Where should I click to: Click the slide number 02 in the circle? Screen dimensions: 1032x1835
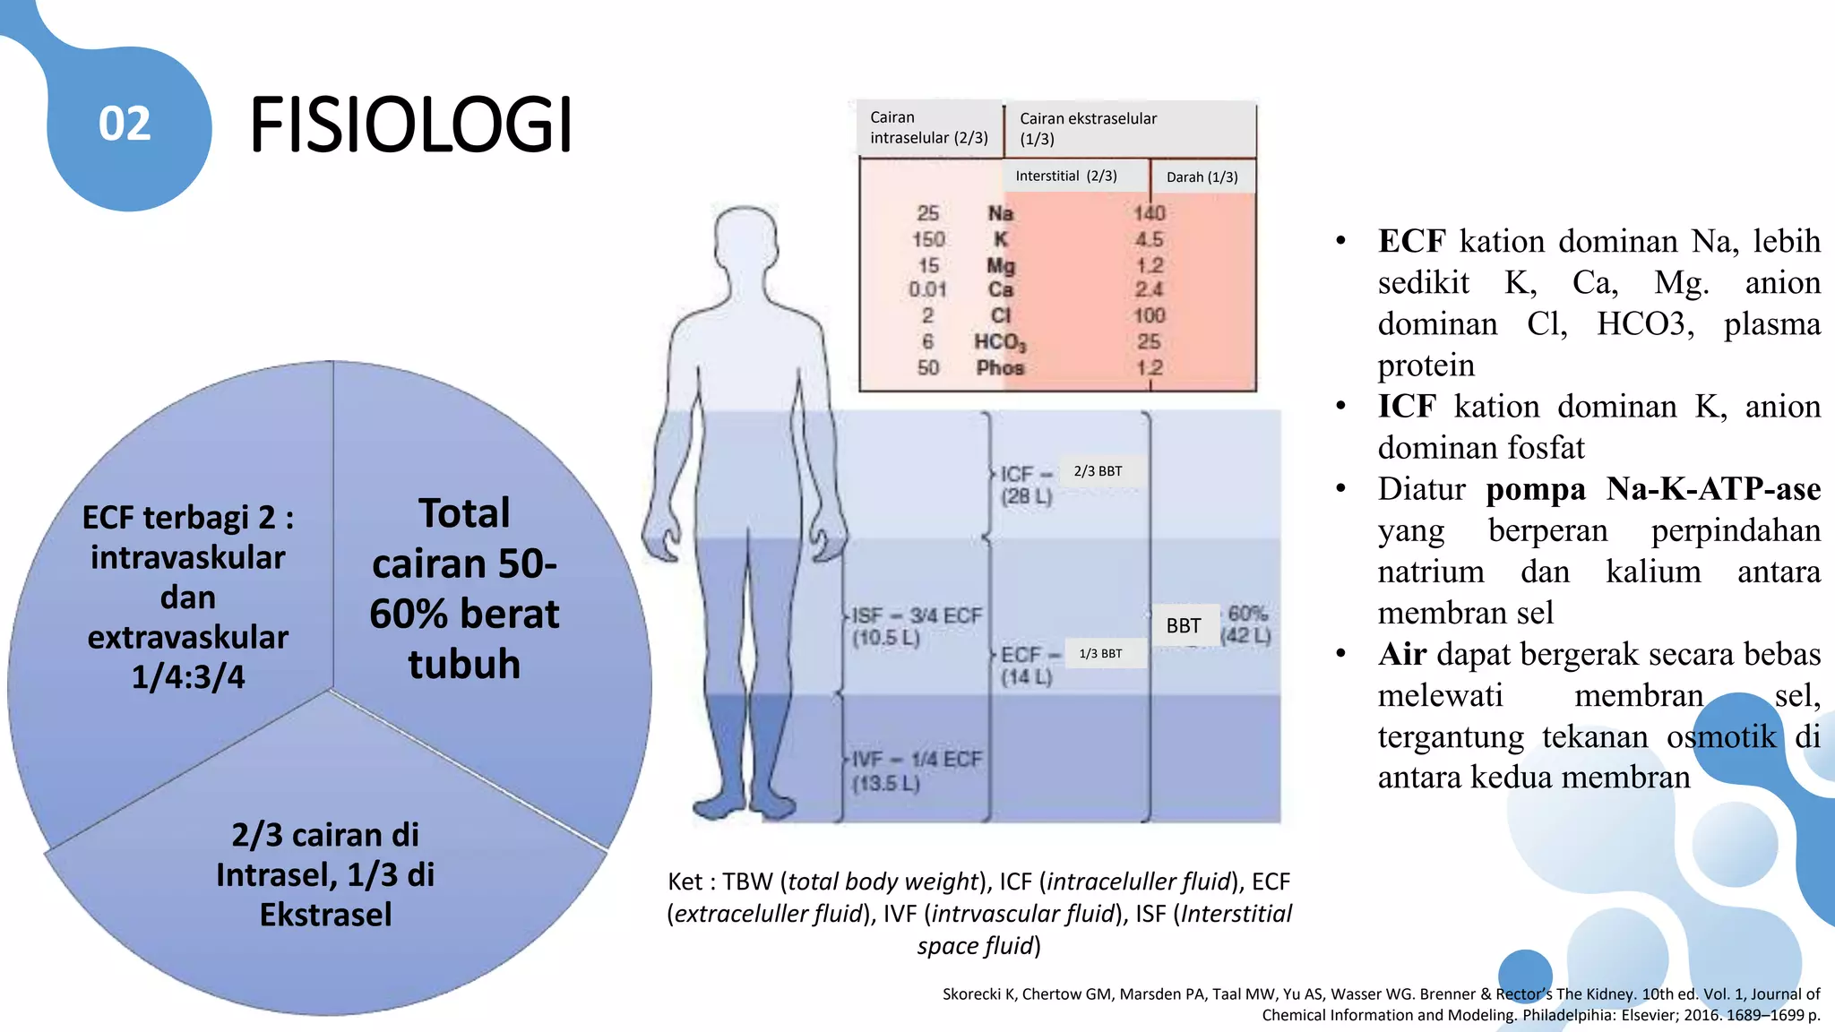(125, 124)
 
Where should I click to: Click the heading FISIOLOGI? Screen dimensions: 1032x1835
(410, 125)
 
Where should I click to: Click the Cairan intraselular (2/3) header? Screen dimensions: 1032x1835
(928, 128)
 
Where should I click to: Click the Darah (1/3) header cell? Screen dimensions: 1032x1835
(1202, 177)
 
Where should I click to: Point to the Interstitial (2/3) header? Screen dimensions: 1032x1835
(1065, 176)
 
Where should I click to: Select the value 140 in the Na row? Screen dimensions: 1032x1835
(1149, 213)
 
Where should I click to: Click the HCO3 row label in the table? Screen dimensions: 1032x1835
(1000, 342)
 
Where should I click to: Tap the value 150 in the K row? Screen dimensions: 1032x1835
(928, 240)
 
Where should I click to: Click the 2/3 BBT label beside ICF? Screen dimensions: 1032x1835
(1098, 471)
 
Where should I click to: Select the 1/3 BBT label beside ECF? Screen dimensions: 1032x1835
(1100, 654)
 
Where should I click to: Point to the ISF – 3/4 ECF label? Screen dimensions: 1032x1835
(916, 616)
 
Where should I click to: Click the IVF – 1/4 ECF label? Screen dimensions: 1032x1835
(916, 760)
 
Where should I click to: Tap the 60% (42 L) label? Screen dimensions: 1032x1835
(1246, 624)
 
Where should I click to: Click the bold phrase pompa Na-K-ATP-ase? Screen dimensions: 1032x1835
(1652, 489)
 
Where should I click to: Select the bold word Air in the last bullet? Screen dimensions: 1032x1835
(1401, 655)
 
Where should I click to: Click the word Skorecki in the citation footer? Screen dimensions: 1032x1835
(970, 994)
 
